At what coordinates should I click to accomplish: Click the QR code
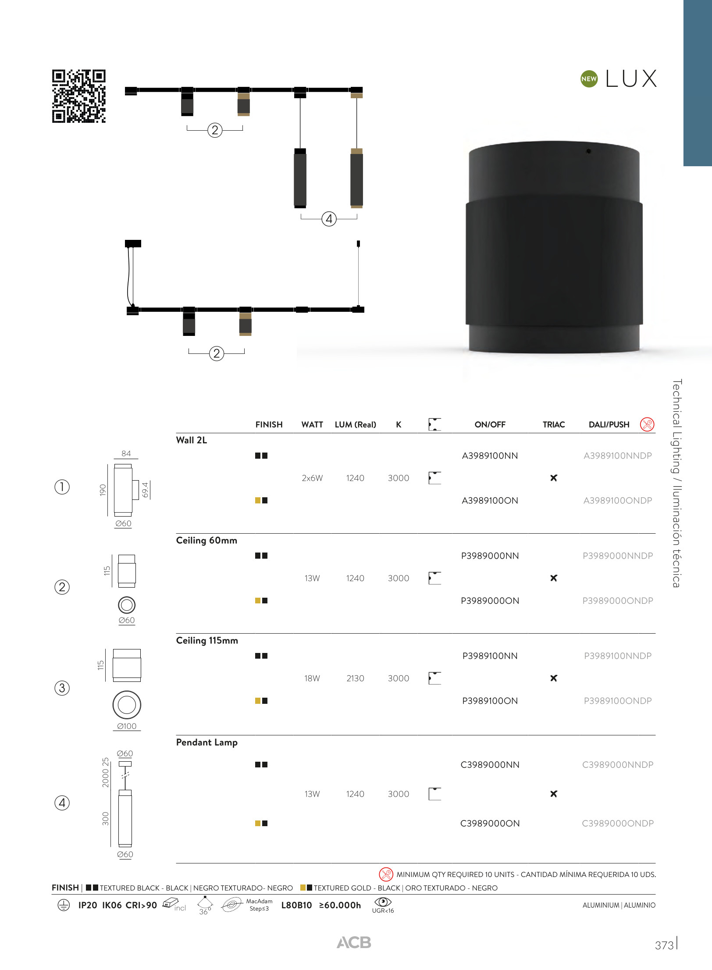[x=79, y=96]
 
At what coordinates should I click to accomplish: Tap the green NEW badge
[x=589, y=79]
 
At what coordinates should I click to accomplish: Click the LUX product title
[x=631, y=79]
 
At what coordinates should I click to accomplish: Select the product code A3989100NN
[x=490, y=456]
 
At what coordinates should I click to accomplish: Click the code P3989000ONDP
[x=618, y=600]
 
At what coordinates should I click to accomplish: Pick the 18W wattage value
[x=312, y=678]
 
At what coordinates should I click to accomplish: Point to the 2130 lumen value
[x=355, y=678]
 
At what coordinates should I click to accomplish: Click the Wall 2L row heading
[x=192, y=440]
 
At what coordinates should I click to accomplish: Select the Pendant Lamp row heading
[x=207, y=742]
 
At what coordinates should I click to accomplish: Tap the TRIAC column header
[x=554, y=424]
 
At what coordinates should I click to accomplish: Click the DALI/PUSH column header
[x=609, y=424]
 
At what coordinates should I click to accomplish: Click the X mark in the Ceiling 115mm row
[x=554, y=678]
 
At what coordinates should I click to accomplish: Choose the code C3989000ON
[x=490, y=823]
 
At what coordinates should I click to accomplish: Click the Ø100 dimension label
[x=127, y=726]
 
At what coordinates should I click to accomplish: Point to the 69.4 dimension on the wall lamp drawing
[x=145, y=490]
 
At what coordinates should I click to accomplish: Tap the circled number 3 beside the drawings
[x=62, y=688]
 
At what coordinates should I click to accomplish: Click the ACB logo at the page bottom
[x=354, y=942]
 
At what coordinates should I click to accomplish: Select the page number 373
[x=664, y=945]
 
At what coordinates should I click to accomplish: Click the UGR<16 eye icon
[x=383, y=902]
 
